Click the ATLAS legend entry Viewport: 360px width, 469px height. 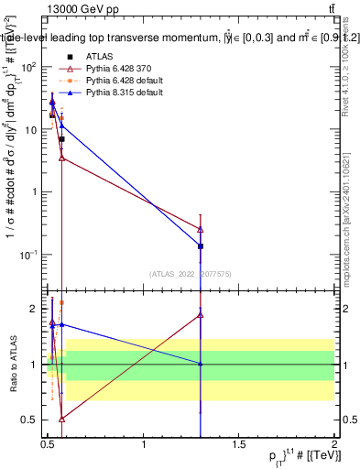[x=102, y=57]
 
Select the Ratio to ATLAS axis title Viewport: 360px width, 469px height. [x=14, y=365]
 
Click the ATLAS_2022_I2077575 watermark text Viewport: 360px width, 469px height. [x=191, y=273]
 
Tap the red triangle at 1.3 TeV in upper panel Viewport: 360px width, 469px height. [x=201, y=229]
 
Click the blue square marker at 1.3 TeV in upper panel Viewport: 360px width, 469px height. [x=201, y=246]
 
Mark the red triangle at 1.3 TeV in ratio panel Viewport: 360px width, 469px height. [x=201, y=315]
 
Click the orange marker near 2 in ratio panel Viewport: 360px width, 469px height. [x=61, y=302]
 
